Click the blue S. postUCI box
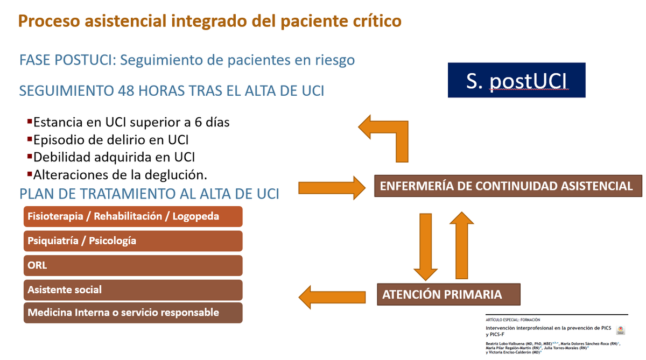click(x=516, y=81)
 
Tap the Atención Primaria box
click(x=448, y=294)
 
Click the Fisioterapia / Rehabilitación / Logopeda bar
click(x=133, y=216)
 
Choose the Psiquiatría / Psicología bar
click(x=133, y=241)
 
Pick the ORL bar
click(x=133, y=265)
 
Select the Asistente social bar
click(x=133, y=290)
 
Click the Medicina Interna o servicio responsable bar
click(x=133, y=313)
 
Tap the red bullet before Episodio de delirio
click(x=30, y=139)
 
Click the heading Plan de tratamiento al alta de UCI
click(x=149, y=193)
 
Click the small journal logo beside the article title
click(x=620, y=331)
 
